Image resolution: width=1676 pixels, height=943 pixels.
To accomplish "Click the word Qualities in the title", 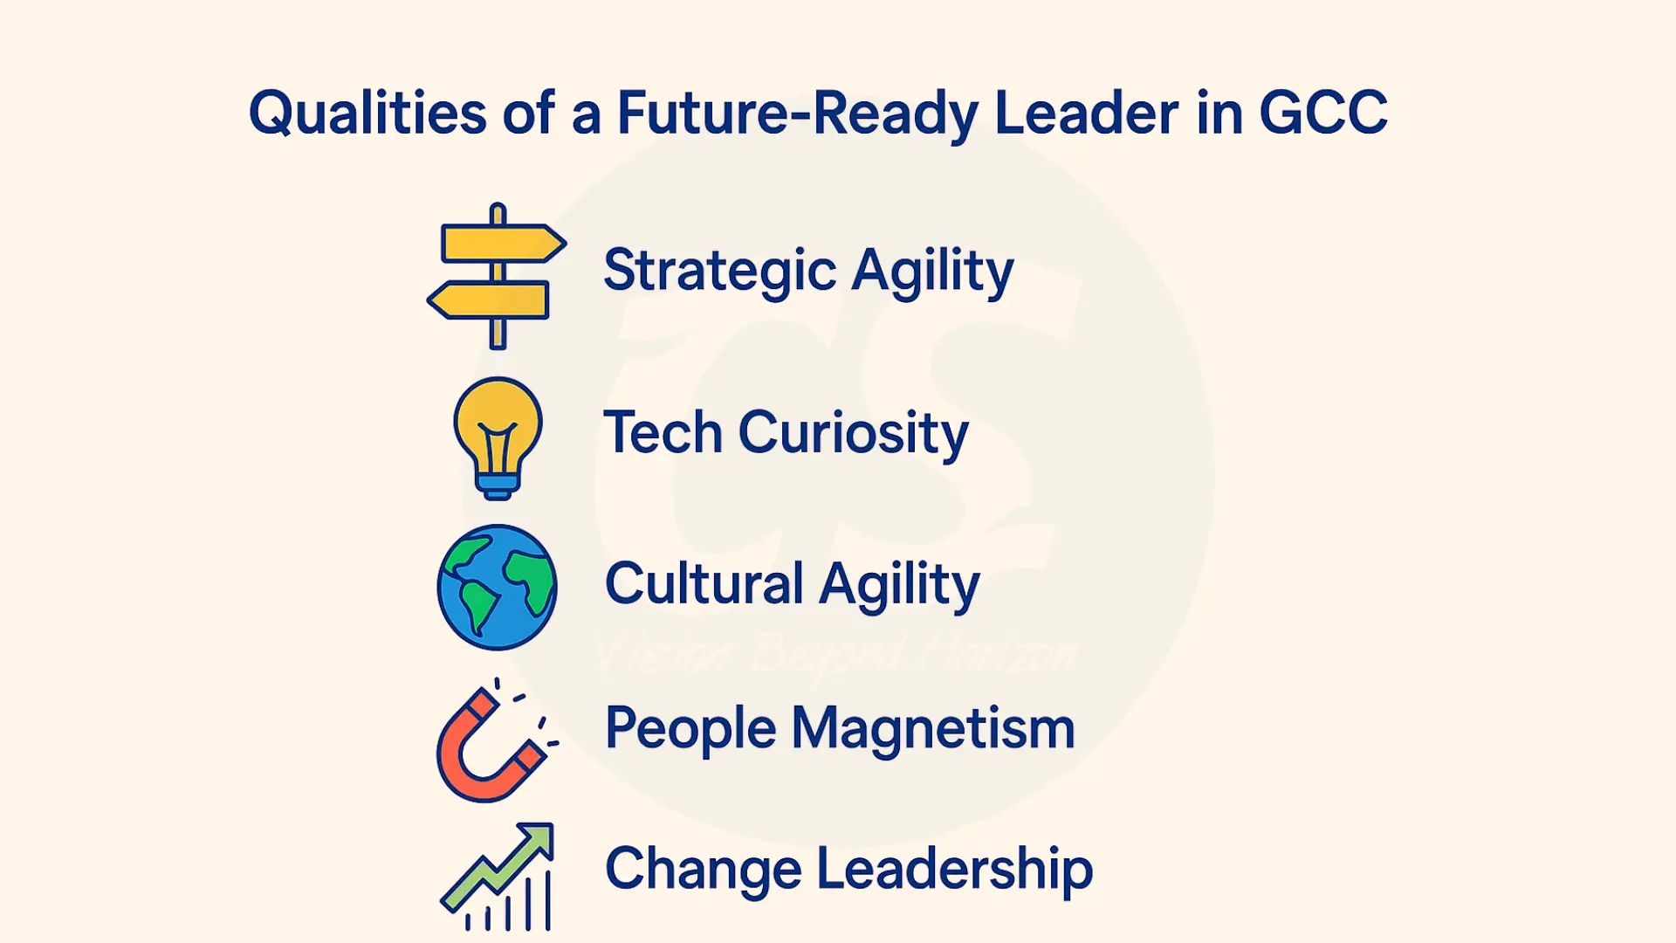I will point(367,114).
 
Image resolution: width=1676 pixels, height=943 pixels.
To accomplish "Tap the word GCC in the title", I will point(1322,114).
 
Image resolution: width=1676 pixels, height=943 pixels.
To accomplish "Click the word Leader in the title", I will point(1086,114).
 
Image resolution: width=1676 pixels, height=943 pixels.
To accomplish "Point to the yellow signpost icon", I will point(497,276).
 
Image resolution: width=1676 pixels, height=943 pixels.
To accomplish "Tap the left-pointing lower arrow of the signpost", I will point(489,300).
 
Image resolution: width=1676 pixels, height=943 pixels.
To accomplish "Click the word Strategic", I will point(719,271).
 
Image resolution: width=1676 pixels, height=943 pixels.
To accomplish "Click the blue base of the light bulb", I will point(498,485).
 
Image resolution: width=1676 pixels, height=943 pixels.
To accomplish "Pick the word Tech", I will point(663,432).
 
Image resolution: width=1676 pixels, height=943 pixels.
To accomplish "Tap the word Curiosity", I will point(853,434).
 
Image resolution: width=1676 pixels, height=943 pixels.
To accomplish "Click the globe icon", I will point(497,587).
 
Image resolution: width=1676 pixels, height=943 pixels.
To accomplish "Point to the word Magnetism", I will point(932,728).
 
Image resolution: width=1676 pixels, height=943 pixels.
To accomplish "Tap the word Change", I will point(703,870).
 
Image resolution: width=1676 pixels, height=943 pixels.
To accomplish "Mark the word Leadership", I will point(955,870).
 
